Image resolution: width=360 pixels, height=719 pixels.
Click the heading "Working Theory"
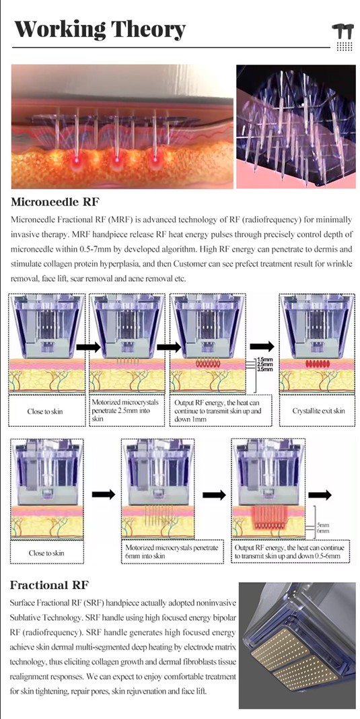[100, 30]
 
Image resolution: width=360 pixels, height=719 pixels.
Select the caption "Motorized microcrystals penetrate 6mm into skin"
[172, 553]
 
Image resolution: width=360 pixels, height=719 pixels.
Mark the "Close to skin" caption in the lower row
[46, 553]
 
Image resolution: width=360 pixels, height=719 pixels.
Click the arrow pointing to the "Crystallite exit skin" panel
[267, 347]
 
